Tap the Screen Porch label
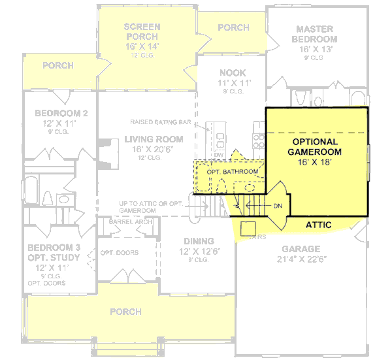pyautogui.click(x=142, y=31)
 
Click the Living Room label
pyautogui.click(x=154, y=139)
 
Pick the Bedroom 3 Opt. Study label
pyautogui.click(x=54, y=252)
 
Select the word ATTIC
pyautogui.click(x=318, y=225)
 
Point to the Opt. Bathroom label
pyautogui.click(x=227, y=172)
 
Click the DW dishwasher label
pyautogui.click(x=219, y=155)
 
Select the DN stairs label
pyautogui.click(x=277, y=206)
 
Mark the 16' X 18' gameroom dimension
pyautogui.click(x=314, y=162)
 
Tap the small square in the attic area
pyautogui.click(x=248, y=227)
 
